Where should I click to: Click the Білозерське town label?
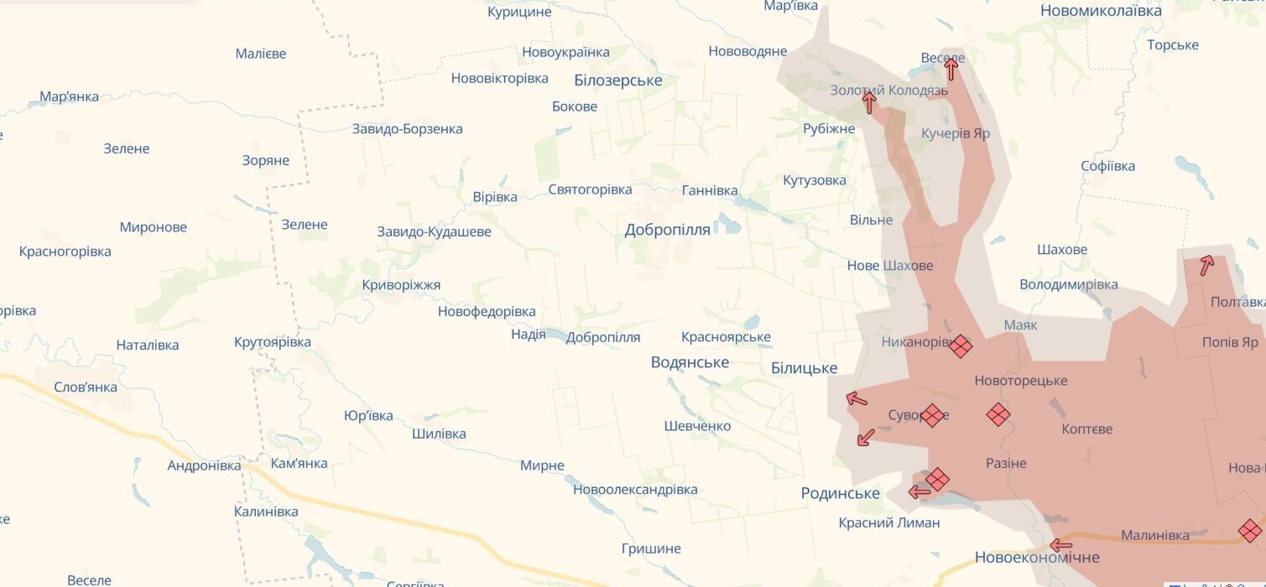tap(618, 81)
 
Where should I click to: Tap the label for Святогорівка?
tap(590, 190)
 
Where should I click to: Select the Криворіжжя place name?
tap(401, 285)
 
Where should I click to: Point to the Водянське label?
tap(690, 362)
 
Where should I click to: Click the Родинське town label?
tap(840, 493)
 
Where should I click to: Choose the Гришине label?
tap(651, 548)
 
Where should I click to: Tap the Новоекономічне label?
tap(1037, 557)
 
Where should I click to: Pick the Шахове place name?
tap(1062, 249)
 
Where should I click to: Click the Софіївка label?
tap(1107, 166)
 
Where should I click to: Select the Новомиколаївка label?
tap(1101, 11)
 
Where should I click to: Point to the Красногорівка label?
tap(65, 251)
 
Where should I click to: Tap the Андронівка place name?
tap(204, 465)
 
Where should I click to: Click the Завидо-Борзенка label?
tap(407, 129)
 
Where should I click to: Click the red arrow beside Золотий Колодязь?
tap(869, 103)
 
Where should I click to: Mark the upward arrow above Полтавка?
tap(1206, 265)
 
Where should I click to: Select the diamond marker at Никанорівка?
tap(961, 345)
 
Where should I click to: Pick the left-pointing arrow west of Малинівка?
tap(1060, 544)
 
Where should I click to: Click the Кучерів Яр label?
tap(956, 133)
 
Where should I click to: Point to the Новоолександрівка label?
tap(635, 490)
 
